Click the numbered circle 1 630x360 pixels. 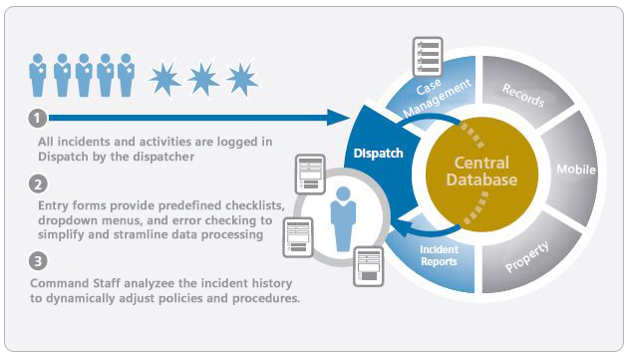tap(37, 119)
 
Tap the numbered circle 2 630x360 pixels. tap(37, 183)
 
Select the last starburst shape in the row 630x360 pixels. tap(241, 76)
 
